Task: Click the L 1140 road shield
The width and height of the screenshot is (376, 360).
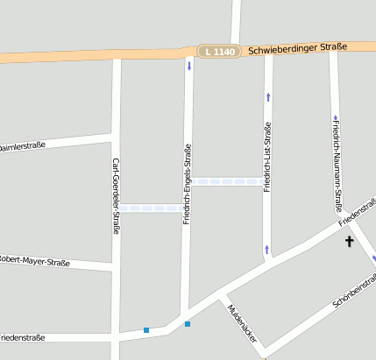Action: pyautogui.click(x=216, y=53)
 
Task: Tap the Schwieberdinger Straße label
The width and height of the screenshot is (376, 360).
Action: pyautogui.click(x=297, y=48)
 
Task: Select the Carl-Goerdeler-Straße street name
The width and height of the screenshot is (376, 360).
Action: pyautogui.click(x=116, y=196)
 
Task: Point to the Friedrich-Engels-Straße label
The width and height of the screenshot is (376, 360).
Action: pyautogui.click(x=187, y=184)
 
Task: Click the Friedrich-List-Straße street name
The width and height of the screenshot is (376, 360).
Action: pyautogui.click(x=267, y=158)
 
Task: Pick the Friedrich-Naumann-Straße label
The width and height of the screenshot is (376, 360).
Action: pyautogui.click(x=336, y=164)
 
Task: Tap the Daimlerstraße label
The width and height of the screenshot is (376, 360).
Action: pyautogui.click(x=23, y=146)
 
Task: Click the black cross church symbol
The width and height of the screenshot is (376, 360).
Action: pyautogui.click(x=349, y=240)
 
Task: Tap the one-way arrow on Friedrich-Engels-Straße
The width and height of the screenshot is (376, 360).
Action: pyautogui.click(x=188, y=67)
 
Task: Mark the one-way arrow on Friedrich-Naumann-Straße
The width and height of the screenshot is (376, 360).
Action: pyautogui.click(x=335, y=117)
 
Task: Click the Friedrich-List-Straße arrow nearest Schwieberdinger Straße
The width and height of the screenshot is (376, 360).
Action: pyautogui.click(x=268, y=96)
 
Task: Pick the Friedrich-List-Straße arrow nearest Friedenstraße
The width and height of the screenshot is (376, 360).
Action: pyautogui.click(x=266, y=250)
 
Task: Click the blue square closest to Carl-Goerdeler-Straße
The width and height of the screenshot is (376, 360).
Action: pyautogui.click(x=146, y=330)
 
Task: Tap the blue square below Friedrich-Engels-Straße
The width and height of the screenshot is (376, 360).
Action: pyautogui.click(x=187, y=324)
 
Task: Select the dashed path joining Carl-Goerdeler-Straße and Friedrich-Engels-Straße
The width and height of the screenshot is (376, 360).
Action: pyautogui.click(x=151, y=208)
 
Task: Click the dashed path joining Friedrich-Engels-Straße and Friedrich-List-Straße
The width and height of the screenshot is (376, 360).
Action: pyautogui.click(x=227, y=182)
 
